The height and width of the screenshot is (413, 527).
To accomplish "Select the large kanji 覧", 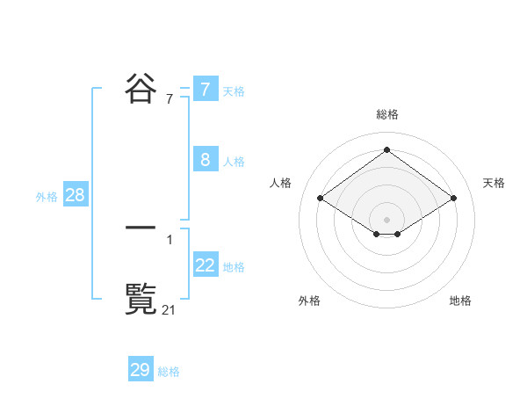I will point(141,300).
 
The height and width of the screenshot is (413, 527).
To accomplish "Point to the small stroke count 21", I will point(170,309).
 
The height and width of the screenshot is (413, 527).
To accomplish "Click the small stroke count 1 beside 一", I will point(170,239).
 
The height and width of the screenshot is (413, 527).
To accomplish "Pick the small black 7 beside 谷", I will point(170,99).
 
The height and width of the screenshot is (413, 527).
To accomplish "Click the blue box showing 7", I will point(205,90).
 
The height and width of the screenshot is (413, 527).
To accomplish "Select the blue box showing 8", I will point(205,160).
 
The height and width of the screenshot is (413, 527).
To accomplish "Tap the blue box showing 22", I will point(205,264).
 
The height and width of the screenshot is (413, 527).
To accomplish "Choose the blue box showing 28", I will point(75,195).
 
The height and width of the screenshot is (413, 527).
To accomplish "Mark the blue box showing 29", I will point(140,370).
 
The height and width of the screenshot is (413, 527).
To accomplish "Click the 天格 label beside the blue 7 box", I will point(234,91).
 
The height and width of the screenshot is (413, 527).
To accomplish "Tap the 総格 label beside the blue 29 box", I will point(169,372).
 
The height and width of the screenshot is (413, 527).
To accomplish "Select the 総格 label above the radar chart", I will point(386,114).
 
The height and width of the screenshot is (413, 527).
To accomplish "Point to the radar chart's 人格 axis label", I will point(281,183).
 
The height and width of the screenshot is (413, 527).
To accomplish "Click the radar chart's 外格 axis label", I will point(309,301).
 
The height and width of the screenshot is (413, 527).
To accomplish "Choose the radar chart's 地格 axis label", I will point(460,301).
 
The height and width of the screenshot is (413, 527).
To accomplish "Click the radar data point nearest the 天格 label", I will point(453,199).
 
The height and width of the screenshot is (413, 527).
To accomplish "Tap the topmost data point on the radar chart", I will point(386,149).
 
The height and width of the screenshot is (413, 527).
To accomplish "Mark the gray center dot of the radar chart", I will point(386,219).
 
